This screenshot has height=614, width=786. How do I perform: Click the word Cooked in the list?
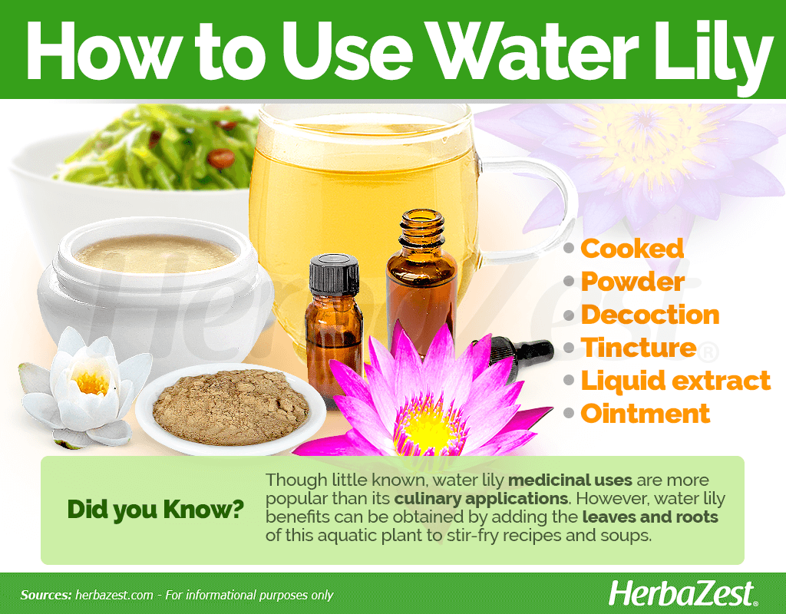pyautogui.click(x=632, y=249)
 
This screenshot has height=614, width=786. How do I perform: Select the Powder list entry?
pyautogui.click(x=632, y=282)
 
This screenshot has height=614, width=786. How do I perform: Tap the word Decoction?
pyautogui.click(x=650, y=315)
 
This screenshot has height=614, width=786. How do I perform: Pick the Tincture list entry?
pyautogui.click(x=639, y=348)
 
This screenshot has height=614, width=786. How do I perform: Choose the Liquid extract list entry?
pyautogui.click(x=675, y=381)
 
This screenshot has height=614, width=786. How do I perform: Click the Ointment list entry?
pyautogui.click(x=645, y=414)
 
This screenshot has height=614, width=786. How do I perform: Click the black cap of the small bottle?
pyautogui.click(x=334, y=275)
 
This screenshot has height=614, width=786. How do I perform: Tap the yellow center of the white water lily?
pyautogui.click(x=91, y=382)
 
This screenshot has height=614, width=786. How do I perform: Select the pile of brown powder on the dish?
pyautogui.click(x=230, y=407)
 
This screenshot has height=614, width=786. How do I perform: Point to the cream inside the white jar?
pyautogui.click(x=155, y=253)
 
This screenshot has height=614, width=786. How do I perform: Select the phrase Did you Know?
pyautogui.click(x=155, y=510)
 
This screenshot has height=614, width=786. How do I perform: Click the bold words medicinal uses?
pyautogui.click(x=570, y=480)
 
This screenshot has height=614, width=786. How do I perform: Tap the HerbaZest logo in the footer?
pyautogui.click(x=682, y=594)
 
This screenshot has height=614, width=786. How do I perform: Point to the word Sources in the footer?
pyautogui.click(x=45, y=595)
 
